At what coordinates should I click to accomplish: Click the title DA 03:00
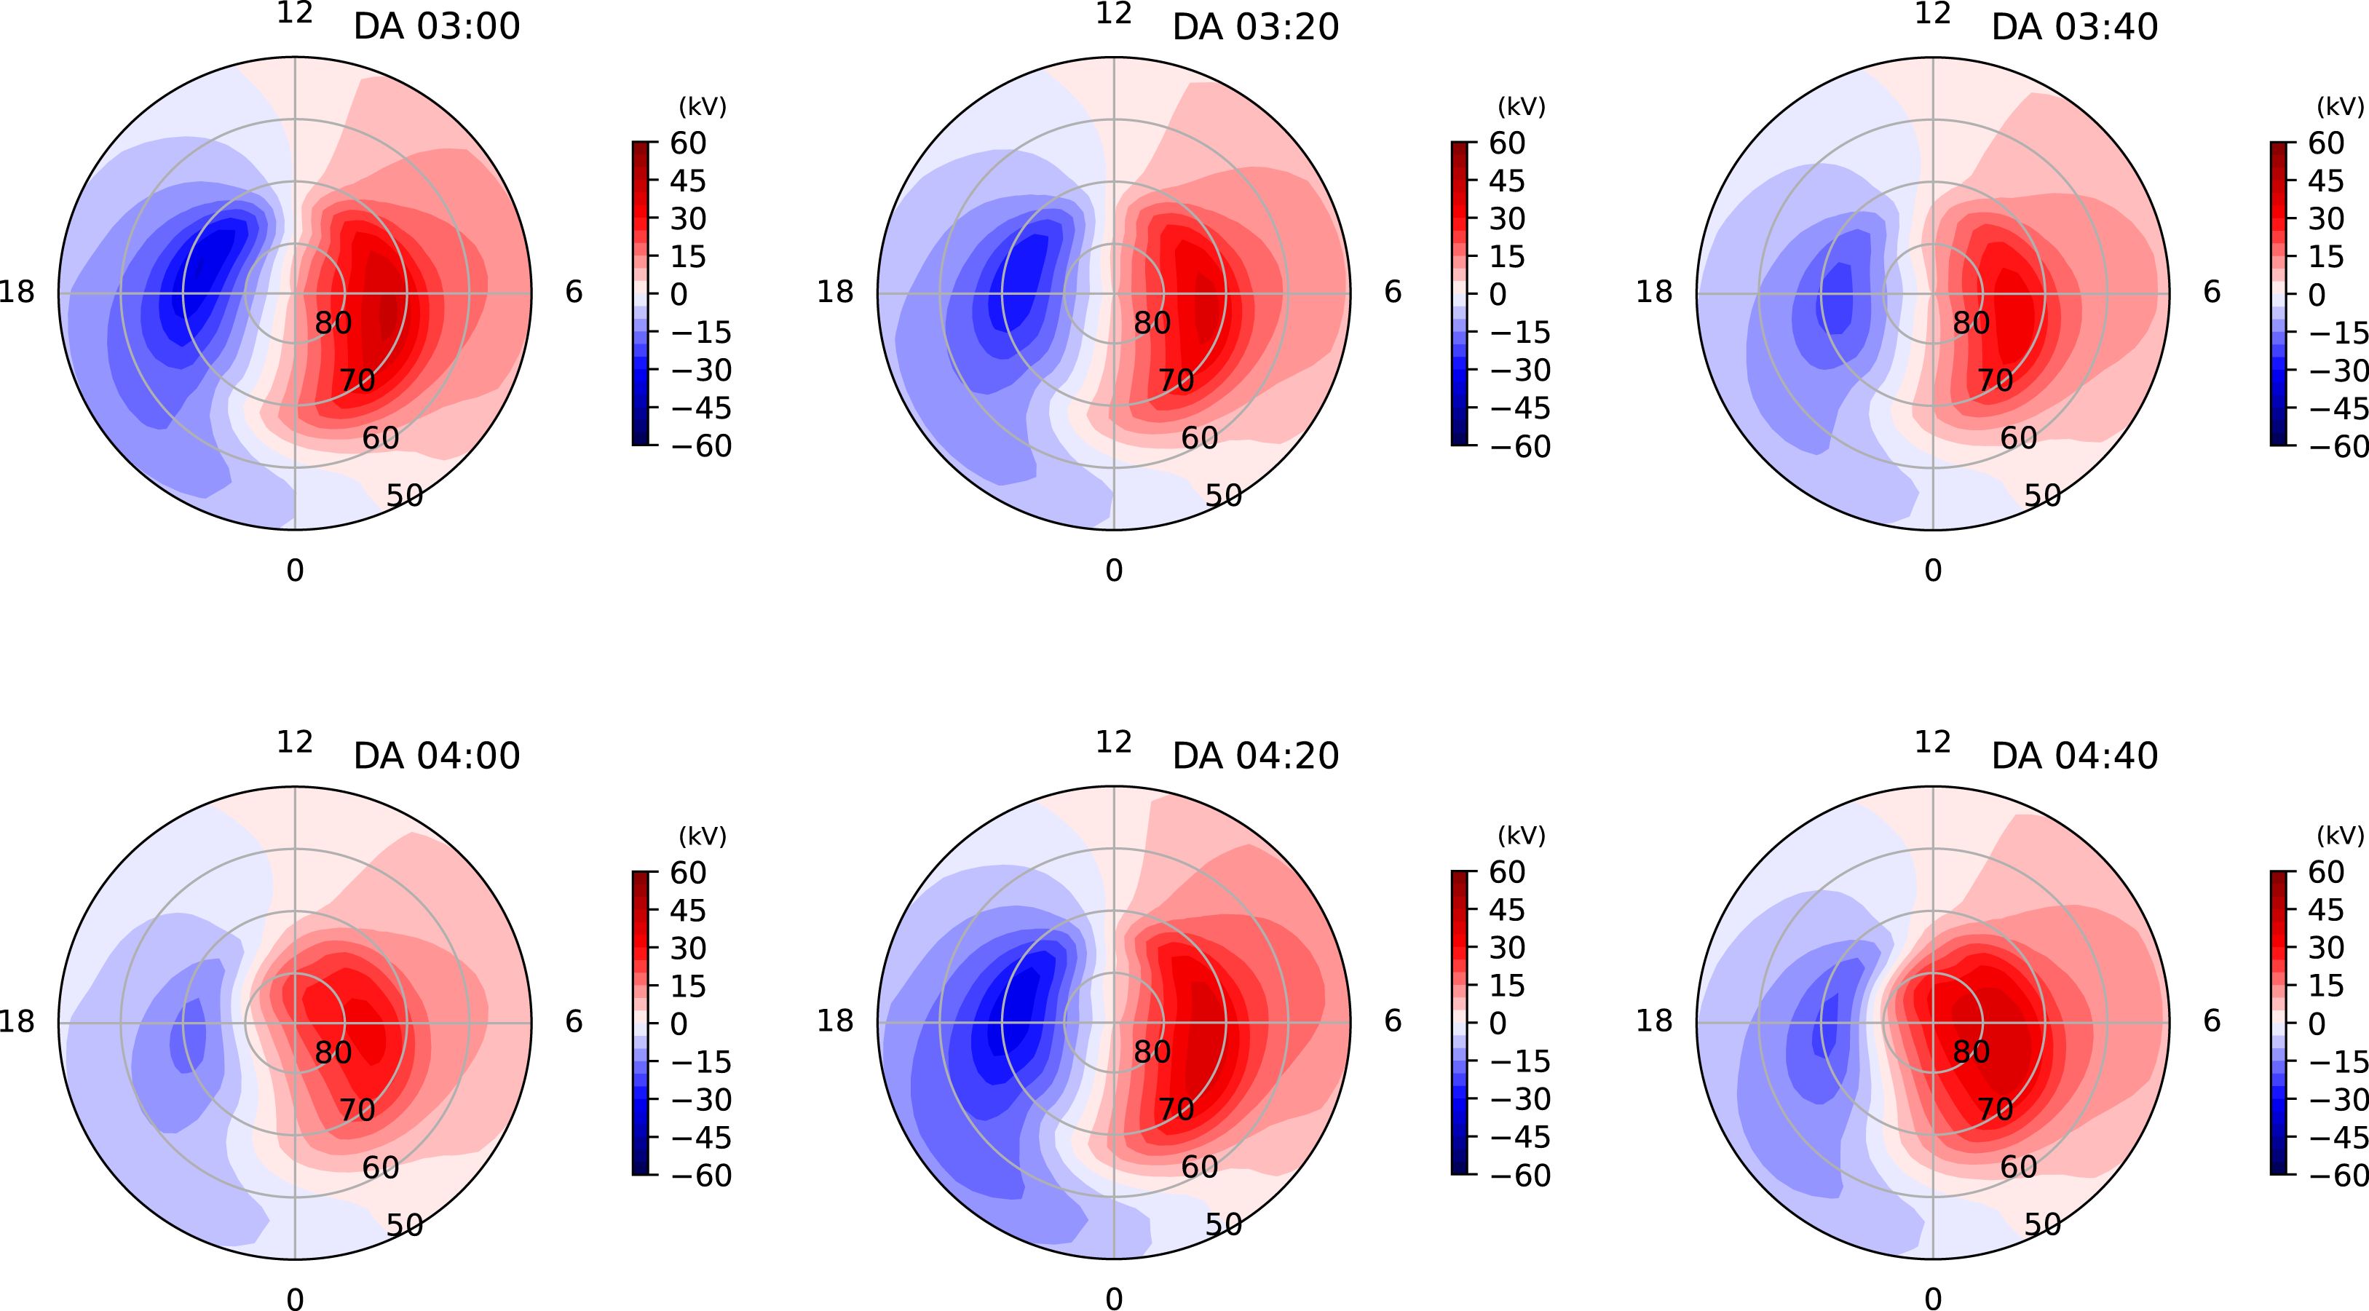point(436,27)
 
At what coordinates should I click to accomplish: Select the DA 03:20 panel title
point(1255,27)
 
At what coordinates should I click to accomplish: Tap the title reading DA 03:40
point(2074,27)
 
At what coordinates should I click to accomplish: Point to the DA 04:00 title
point(436,756)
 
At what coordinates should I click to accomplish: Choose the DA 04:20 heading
point(1255,756)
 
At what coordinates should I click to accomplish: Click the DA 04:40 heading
point(2074,756)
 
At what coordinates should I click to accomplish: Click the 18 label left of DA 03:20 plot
point(835,293)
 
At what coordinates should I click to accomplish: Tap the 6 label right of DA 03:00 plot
point(574,293)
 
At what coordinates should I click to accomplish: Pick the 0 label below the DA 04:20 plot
point(1114,1298)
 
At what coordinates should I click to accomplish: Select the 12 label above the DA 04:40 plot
point(1932,742)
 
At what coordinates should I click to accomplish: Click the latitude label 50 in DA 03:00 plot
point(404,496)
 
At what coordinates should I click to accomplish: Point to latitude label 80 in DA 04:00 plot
point(333,1053)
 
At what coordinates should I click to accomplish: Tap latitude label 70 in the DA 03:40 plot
point(1995,381)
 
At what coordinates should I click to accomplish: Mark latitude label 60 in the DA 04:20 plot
point(1199,1167)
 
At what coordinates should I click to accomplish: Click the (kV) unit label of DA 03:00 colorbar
point(703,107)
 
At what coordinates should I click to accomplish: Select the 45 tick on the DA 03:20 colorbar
point(1506,181)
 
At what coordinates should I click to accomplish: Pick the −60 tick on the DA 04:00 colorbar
point(701,1176)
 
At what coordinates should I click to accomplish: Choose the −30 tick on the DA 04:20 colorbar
point(1519,1100)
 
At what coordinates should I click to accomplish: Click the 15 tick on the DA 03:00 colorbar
point(687,256)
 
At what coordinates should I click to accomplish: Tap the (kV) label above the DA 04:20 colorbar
point(1521,836)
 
